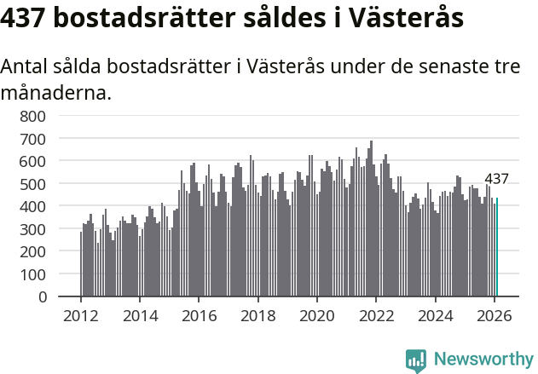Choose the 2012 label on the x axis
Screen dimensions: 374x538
tap(81, 314)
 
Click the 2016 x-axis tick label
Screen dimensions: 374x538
tap(199, 314)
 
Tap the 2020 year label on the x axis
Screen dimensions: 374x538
tap(317, 314)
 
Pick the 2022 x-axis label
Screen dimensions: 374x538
tap(376, 314)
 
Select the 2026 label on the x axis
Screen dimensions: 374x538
tap(495, 314)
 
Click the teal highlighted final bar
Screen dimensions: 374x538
tap(497, 248)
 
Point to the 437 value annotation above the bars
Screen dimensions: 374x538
tap(496, 179)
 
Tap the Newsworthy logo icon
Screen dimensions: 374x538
tap(416, 360)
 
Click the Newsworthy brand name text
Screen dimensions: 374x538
tap(483, 360)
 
